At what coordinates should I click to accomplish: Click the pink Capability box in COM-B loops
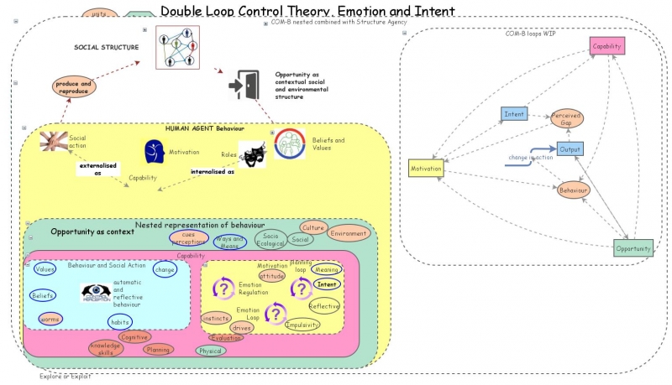606,46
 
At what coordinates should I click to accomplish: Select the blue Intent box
514,113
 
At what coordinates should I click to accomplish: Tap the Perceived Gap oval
567,119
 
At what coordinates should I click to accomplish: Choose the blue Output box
570,148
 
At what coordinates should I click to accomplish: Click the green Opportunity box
633,248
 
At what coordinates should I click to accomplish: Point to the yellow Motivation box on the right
427,169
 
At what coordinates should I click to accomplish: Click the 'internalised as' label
213,171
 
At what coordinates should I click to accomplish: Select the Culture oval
312,227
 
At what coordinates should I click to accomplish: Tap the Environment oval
348,234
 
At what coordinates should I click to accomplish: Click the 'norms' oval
50,319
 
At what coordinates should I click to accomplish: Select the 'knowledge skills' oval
106,349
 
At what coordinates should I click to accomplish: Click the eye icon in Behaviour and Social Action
95,292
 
